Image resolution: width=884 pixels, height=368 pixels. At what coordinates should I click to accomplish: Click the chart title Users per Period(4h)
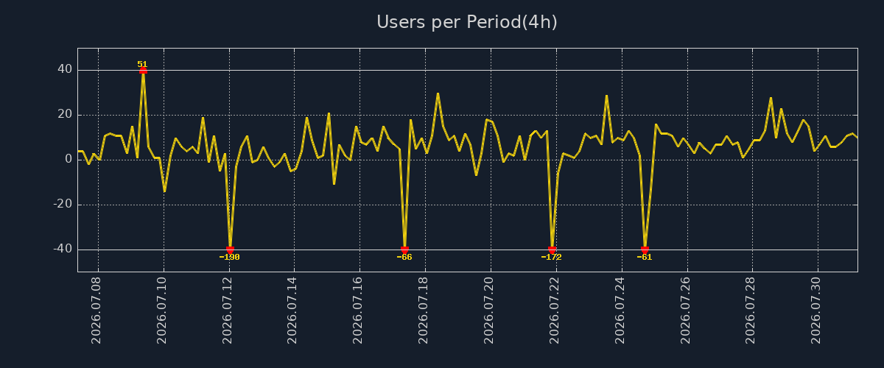pos(467,22)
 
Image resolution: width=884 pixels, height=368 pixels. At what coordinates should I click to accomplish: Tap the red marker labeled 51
pos(143,71)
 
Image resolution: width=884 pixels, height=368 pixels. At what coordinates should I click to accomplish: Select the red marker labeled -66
pos(404,250)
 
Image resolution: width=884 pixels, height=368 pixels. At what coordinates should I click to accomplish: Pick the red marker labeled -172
pos(552,250)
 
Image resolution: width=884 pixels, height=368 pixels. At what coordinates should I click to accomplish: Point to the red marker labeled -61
pos(645,250)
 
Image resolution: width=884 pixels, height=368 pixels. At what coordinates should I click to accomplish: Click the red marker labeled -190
pos(230,250)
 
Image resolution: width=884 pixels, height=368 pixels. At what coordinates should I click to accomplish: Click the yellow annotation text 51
pos(142,64)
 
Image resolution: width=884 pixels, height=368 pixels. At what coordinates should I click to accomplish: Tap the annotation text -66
pos(404,257)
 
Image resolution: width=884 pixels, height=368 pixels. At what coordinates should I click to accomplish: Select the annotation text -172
pos(551,257)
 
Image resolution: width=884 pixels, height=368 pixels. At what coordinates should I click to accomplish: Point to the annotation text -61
pos(645,257)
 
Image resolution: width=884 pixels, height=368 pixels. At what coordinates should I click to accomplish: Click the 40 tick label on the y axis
pos(65,69)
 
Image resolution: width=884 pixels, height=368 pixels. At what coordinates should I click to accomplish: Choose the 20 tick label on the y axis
pos(65,114)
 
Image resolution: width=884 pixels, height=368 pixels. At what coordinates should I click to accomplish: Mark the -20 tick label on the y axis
pos(63,204)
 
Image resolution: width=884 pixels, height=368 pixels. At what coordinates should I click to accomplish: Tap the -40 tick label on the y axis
pos(63,249)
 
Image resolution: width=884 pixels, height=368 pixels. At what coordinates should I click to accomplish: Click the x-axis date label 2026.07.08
pos(97,311)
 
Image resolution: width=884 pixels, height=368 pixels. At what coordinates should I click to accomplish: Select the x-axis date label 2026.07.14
pos(292,311)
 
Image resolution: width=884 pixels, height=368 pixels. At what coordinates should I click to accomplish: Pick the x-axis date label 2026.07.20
pos(488,311)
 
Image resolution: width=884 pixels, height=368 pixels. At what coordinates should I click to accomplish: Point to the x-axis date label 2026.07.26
pos(686,311)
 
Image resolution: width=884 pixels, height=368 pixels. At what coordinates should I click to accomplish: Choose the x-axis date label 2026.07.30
pos(815,311)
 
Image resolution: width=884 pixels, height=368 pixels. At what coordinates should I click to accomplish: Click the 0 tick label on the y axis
pos(69,159)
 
